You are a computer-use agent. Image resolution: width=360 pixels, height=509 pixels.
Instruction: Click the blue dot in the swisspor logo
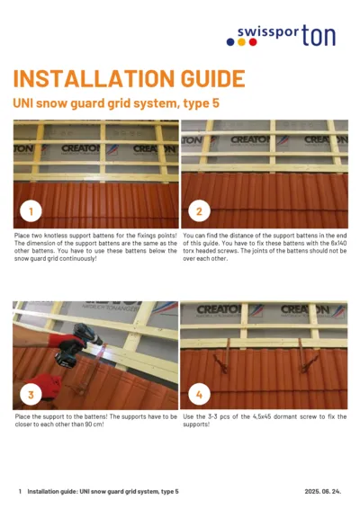pyautogui.click(x=229, y=41)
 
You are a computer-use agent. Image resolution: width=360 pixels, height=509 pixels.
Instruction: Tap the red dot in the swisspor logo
pyautogui.click(x=242, y=41)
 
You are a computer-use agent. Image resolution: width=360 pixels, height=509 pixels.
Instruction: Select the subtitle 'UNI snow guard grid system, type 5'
pyautogui.click(x=114, y=103)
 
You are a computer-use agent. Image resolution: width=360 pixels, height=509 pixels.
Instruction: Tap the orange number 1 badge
pyautogui.click(x=31, y=212)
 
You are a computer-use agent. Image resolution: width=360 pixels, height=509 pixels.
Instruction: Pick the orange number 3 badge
pyautogui.click(x=31, y=394)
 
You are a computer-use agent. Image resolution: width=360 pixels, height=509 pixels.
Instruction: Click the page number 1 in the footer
pyautogui.click(x=19, y=492)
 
